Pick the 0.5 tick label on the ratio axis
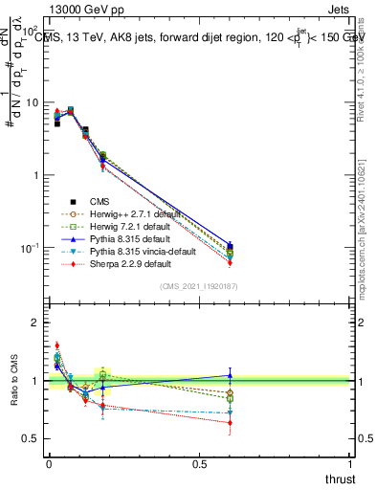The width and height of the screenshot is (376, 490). click(x=31, y=439)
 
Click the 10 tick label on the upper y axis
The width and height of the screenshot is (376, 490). click(x=31, y=102)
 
